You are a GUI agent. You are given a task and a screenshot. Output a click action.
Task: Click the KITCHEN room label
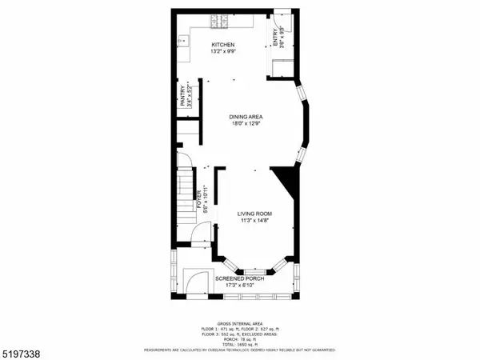click(x=222, y=44)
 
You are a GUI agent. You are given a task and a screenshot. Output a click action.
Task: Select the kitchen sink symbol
click(x=182, y=39)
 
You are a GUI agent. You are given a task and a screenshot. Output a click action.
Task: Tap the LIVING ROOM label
click(x=255, y=214)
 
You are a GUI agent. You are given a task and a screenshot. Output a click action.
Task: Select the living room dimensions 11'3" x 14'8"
click(x=255, y=222)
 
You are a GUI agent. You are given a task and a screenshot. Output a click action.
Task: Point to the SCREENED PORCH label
click(x=239, y=278)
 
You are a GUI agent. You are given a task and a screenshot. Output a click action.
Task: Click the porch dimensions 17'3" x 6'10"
click(x=239, y=286)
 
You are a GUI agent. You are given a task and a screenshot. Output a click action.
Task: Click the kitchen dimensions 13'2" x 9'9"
click(x=222, y=52)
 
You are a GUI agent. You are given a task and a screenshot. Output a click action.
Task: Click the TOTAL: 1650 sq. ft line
click(x=239, y=345)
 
